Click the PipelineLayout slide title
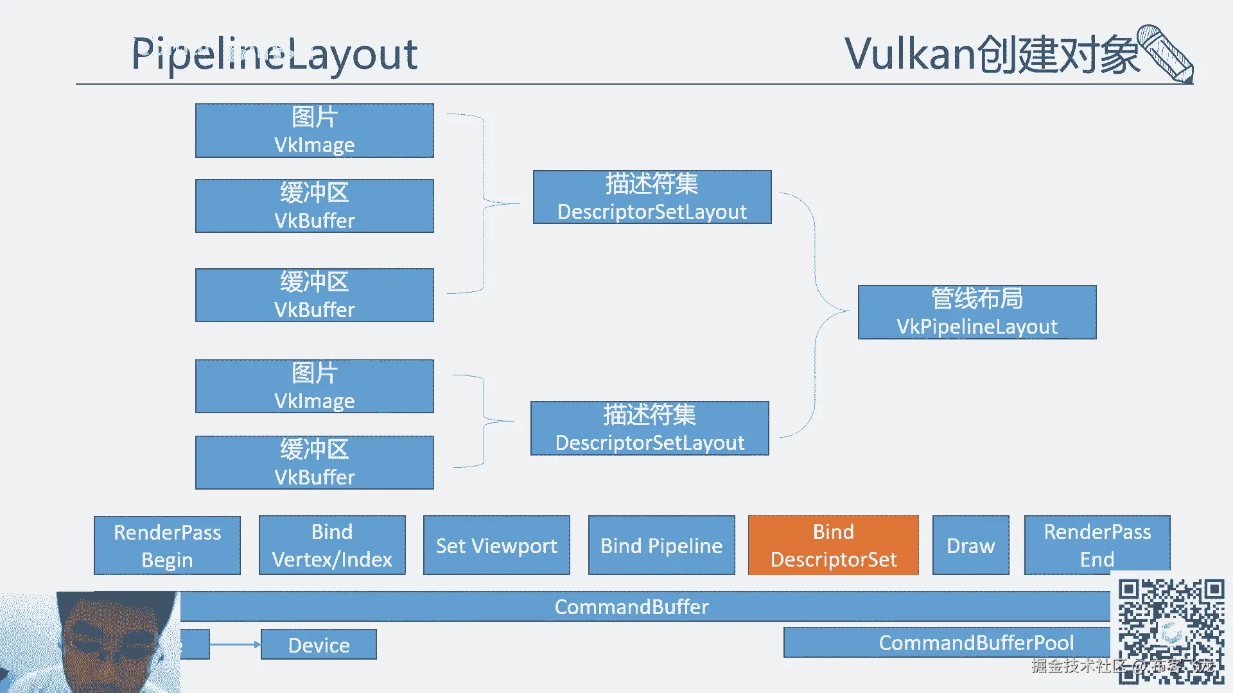tap(274, 54)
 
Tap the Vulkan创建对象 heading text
tap(992, 54)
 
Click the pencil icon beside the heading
tap(1166, 54)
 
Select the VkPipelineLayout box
tap(977, 312)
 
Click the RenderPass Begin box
tap(167, 545)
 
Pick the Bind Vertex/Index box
tap(332, 545)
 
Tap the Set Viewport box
tap(496, 545)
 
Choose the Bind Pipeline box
tap(661, 545)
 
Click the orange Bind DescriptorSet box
tap(833, 545)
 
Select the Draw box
tap(970, 545)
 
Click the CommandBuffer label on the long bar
tap(631, 607)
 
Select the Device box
tap(319, 645)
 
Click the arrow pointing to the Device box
tap(235, 644)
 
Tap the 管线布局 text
tap(977, 298)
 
